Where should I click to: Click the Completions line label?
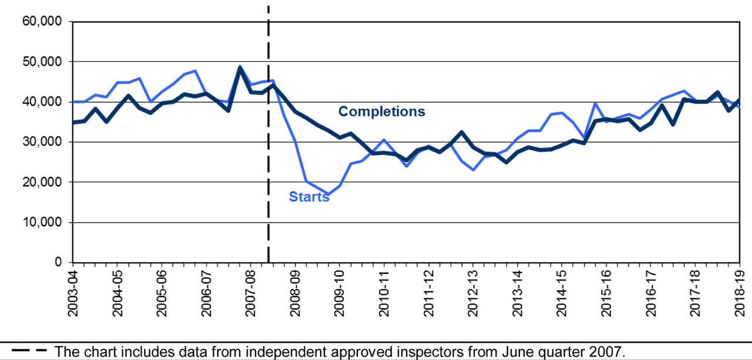381,112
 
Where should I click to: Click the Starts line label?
309,197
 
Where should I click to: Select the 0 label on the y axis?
60,263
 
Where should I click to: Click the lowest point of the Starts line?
328,194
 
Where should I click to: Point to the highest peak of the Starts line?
240,66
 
